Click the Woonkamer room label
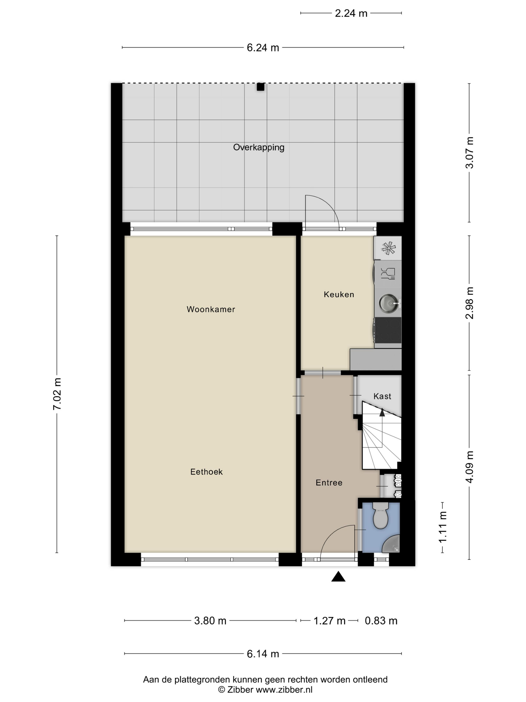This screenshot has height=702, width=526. coord(211,309)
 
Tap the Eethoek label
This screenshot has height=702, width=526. coord(206,472)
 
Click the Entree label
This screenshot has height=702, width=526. coord(329,482)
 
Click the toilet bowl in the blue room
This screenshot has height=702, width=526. coord(381,515)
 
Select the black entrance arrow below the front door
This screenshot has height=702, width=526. coord(338,576)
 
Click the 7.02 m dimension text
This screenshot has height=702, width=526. coord(57,394)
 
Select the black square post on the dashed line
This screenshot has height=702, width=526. coord(260,87)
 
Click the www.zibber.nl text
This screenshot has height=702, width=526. coord(284,690)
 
